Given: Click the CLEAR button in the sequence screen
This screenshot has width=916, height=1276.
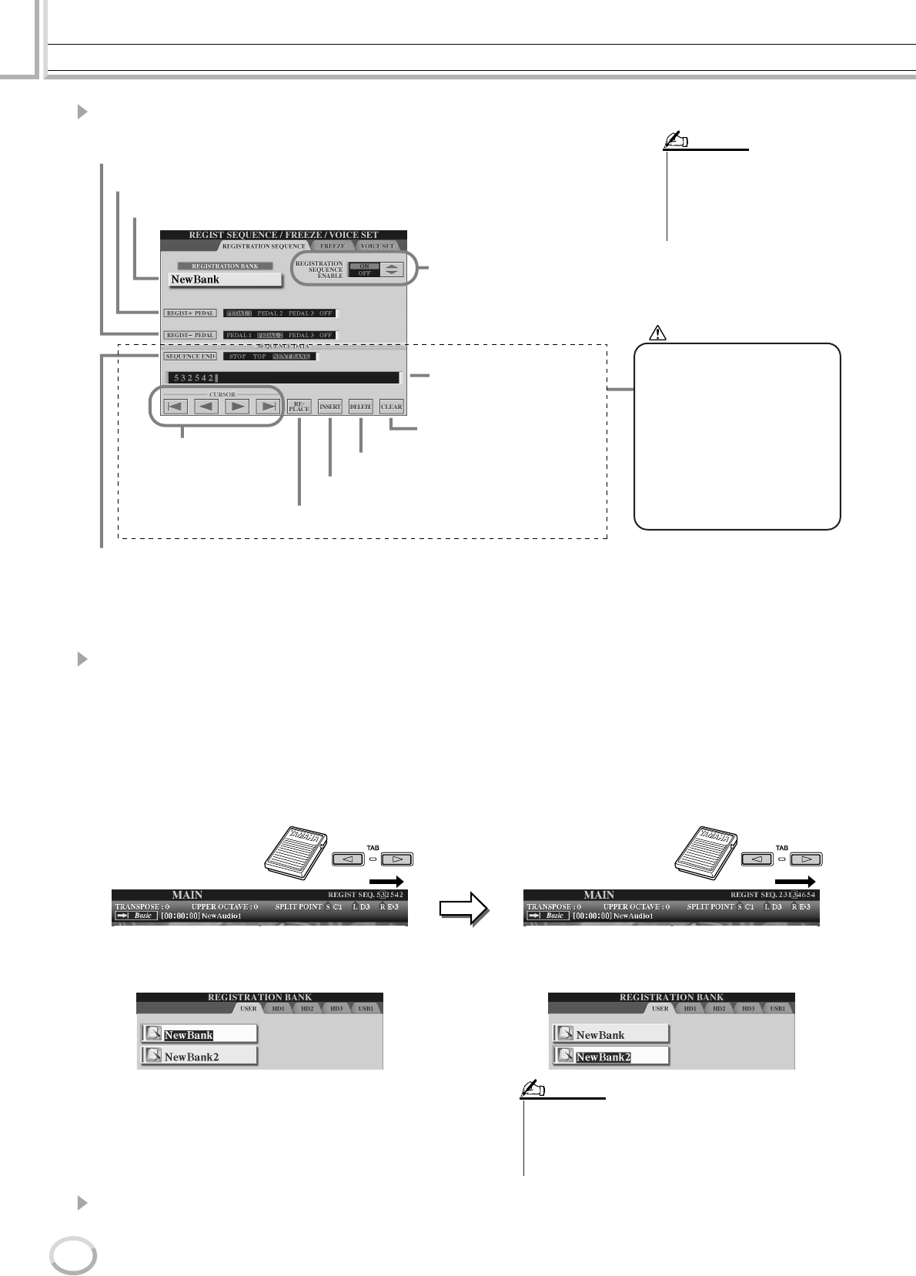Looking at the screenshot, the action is tap(391, 407).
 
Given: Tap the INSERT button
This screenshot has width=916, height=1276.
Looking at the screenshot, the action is tap(329, 407).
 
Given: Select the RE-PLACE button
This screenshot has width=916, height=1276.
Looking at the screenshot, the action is tap(299, 407).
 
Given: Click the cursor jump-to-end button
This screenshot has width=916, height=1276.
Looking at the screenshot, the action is tap(266, 407).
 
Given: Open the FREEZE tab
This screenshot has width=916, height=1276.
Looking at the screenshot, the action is tap(333, 246).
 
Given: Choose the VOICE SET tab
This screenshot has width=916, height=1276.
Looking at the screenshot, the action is tap(376, 246).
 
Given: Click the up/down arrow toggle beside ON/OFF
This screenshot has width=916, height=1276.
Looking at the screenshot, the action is tap(393, 270).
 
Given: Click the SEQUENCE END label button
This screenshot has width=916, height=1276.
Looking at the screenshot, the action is tap(189, 357).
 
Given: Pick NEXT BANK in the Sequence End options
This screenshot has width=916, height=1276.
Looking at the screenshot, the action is tap(293, 357).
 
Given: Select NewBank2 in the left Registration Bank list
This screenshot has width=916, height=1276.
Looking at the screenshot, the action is tap(199, 1057).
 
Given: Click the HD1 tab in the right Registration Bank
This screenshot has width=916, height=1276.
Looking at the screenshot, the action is tap(690, 1008).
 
